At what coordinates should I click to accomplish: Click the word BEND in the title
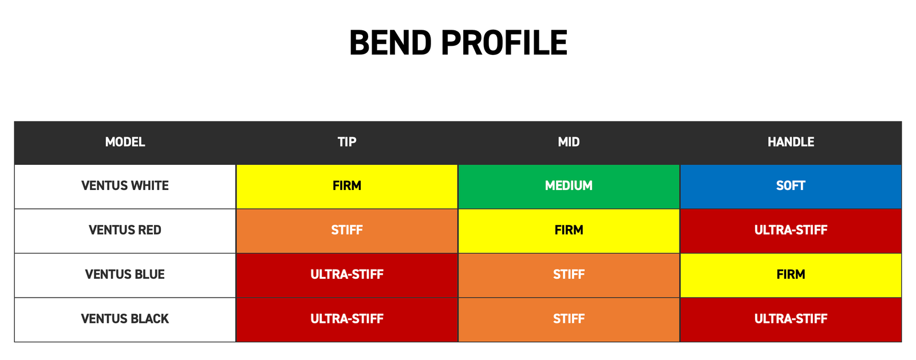[390, 42]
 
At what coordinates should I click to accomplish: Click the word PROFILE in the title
[504, 42]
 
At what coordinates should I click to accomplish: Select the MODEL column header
[125, 142]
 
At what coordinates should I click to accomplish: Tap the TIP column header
[347, 142]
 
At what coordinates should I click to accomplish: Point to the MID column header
[569, 142]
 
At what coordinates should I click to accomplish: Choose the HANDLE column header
[791, 142]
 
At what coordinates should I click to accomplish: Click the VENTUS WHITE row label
[125, 185]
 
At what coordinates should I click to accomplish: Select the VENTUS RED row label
[125, 230]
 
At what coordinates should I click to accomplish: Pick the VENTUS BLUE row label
[125, 274]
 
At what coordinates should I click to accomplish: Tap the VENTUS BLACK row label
[125, 319]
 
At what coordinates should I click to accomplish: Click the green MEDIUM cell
[569, 187]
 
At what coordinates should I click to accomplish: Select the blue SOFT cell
[791, 187]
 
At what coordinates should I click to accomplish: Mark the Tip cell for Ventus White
[347, 187]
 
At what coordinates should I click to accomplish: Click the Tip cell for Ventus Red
[347, 231]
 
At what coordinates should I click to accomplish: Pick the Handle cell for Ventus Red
[791, 231]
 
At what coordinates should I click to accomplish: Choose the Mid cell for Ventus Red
[569, 231]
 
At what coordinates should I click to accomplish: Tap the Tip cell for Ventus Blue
[347, 275]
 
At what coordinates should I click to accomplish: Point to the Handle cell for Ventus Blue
[791, 275]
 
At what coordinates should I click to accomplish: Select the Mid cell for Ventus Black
[569, 319]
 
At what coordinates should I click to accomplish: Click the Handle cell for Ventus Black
[791, 319]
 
